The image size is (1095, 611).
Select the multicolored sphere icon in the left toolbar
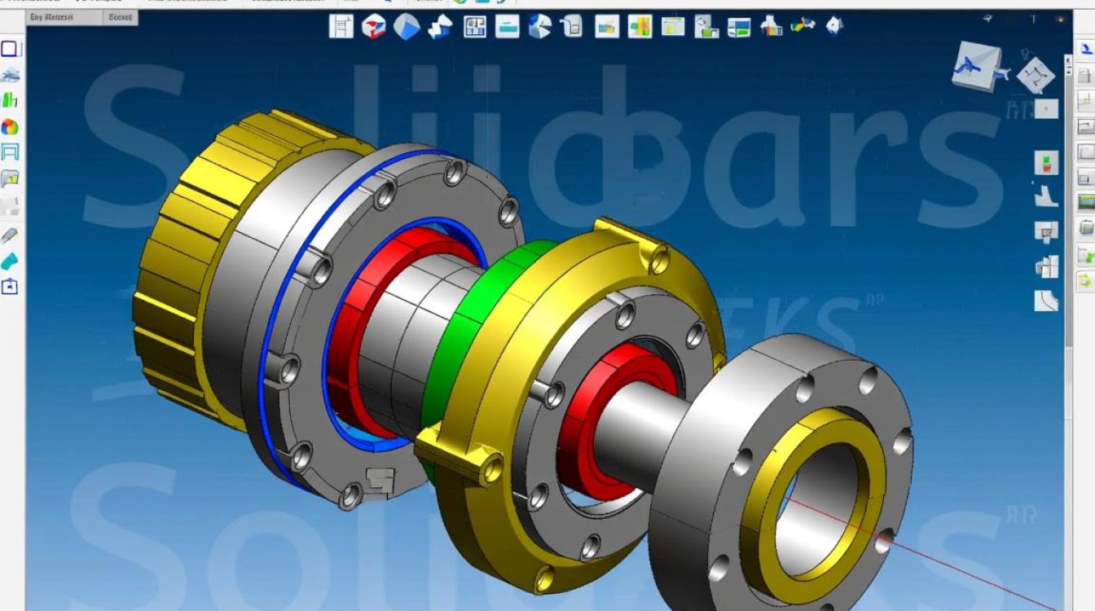point(10,127)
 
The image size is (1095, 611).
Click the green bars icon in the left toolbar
point(10,100)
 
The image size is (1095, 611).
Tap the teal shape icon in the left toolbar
point(10,262)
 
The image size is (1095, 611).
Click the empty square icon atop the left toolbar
point(10,49)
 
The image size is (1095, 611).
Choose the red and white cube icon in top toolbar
point(373,27)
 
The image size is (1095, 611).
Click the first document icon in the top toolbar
point(341,27)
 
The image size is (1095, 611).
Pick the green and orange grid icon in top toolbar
point(640,27)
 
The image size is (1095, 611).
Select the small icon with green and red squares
point(1046,162)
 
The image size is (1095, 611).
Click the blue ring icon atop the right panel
point(1085,49)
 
